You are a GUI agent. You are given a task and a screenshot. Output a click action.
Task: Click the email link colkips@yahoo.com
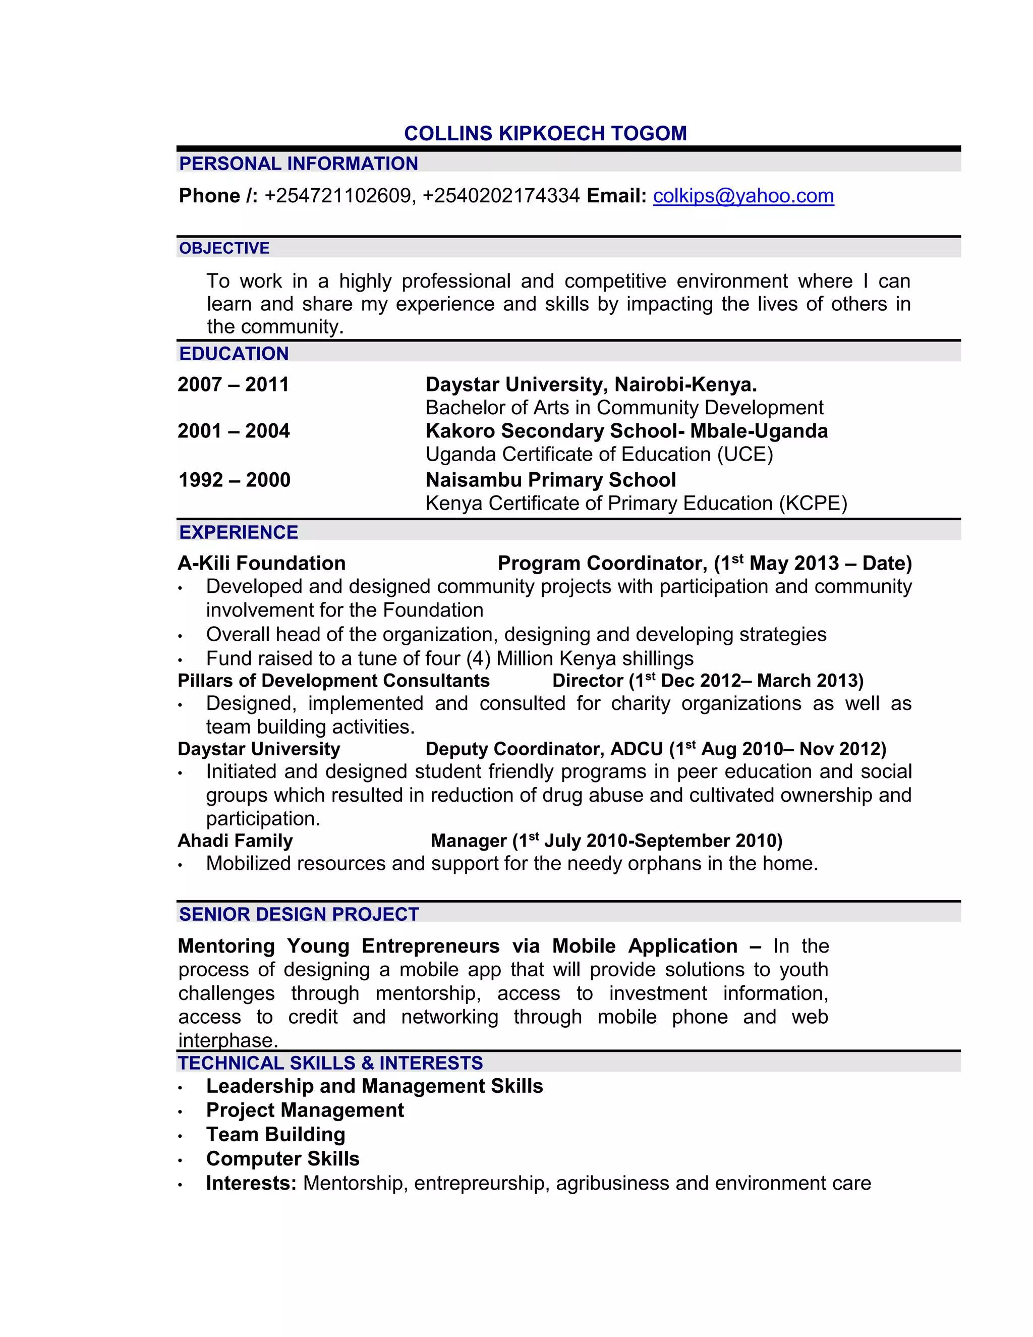tap(743, 196)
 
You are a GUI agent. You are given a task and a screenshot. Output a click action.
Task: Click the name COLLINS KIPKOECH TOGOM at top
tap(545, 134)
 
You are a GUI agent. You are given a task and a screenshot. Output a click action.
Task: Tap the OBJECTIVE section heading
tap(224, 248)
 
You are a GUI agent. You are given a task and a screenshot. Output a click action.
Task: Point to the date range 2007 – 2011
tap(233, 384)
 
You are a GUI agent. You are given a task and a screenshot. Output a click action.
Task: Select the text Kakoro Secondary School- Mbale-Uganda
tap(626, 431)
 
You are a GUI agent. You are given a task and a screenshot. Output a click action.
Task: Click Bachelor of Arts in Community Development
tap(624, 408)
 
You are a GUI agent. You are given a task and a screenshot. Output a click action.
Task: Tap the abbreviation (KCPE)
tap(813, 503)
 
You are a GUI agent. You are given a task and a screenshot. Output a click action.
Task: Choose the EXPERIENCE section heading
tap(239, 532)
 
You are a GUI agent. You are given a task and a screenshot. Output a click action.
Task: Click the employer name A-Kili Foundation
tap(262, 563)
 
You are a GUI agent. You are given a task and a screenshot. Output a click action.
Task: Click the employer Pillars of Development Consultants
tap(333, 681)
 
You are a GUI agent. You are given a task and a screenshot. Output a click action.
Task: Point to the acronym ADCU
tap(637, 749)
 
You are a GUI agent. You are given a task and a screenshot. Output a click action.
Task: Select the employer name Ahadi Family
tap(235, 841)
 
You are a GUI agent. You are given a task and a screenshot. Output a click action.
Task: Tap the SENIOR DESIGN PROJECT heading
tap(299, 914)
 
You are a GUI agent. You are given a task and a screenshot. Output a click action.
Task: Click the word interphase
tap(227, 1040)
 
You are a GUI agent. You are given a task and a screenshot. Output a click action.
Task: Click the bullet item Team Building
tap(275, 1134)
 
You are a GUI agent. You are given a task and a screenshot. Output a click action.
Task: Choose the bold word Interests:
tap(251, 1183)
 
